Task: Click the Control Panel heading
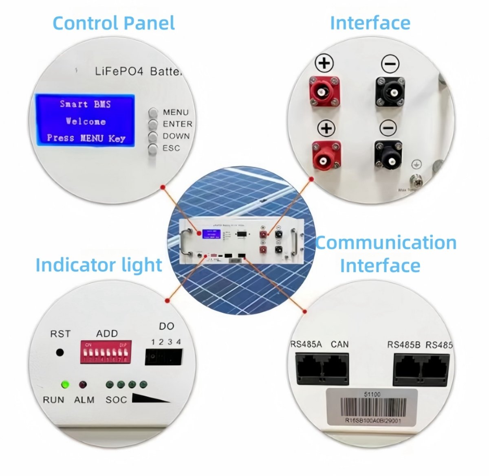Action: coord(114,23)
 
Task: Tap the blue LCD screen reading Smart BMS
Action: coord(85,120)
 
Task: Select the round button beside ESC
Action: coord(153,149)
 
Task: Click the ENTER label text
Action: coord(177,124)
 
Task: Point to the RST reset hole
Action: coord(60,352)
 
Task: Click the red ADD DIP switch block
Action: coord(106,352)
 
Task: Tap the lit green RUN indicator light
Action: coord(65,384)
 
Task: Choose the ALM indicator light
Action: coord(83,384)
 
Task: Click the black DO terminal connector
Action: coord(163,357)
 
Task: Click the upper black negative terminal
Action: coord(390,92)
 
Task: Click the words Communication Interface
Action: coord(385,254)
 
